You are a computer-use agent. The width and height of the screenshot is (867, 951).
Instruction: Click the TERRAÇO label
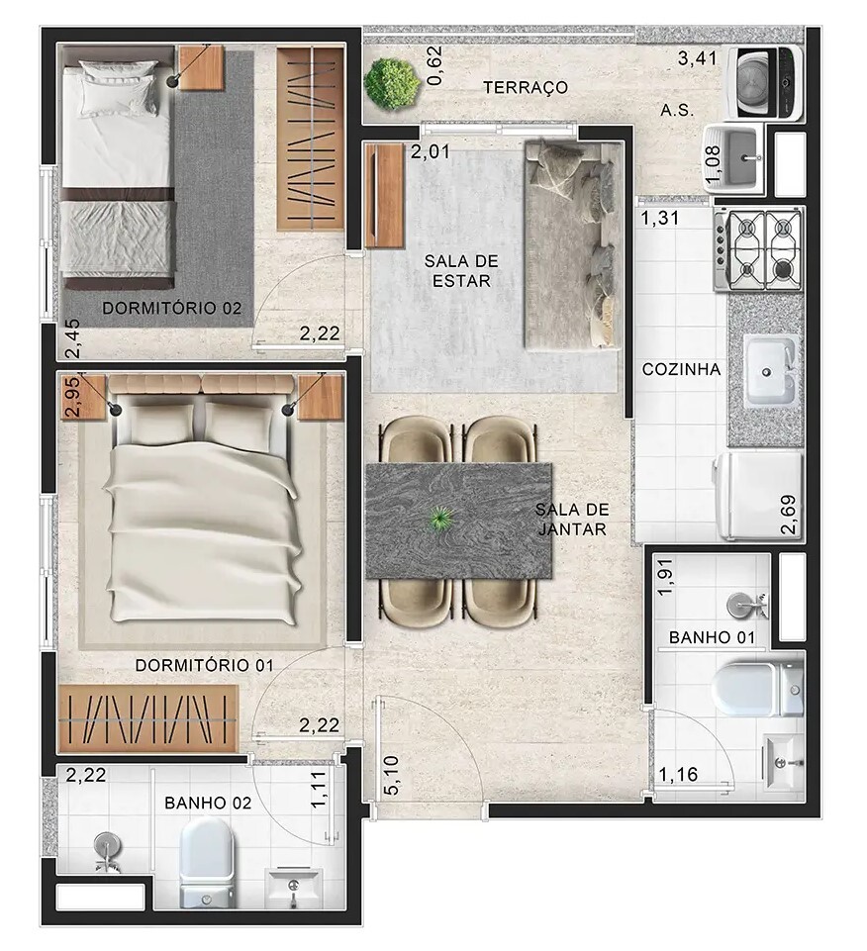(x=526, y=88)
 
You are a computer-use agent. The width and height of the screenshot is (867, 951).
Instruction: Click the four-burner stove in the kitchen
(x=759, y=249)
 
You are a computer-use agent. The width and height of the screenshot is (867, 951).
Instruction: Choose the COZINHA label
(x=681, y=369)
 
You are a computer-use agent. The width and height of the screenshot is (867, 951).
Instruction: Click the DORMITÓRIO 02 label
(x=172, y=309)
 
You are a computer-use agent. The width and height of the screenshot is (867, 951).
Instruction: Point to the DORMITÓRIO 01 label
(x=204, y=666)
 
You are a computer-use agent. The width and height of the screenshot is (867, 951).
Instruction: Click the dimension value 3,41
(x=697, y=59)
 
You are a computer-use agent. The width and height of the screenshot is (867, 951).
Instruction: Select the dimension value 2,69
(x=789, y=516)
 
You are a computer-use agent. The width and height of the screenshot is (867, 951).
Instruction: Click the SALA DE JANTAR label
(x=571, y=520)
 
